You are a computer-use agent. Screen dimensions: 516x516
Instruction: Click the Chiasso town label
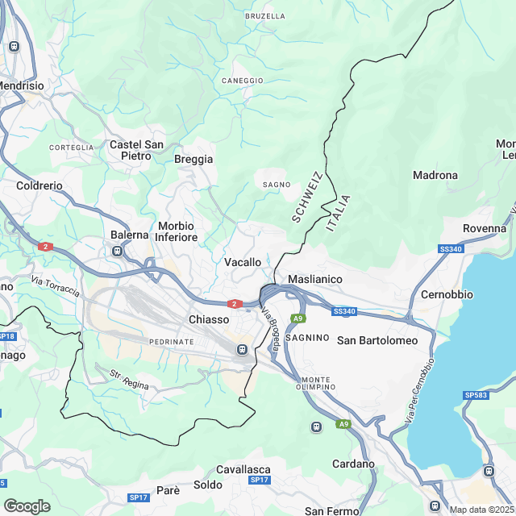[209, 319]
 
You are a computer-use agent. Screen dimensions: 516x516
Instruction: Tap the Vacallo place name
[243, 263]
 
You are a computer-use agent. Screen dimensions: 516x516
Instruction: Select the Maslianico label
[315, 279]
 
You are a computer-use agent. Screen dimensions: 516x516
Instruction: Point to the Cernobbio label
[447, 294]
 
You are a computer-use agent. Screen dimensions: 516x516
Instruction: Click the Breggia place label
[193, 160]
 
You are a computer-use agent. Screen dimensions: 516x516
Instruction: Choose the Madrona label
[435, 175]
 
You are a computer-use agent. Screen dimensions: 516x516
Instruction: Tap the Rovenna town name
[485, 229]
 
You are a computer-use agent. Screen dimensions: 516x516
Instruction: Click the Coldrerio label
[40, 185]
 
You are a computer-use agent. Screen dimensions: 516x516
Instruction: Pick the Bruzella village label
[265, 16]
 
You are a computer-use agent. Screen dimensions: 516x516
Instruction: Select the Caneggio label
[243, 81]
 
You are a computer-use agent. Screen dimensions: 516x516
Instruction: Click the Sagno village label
[277, 185]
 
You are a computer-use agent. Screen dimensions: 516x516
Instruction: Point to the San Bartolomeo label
[377, 340]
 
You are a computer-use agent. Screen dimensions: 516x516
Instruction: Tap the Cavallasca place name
[243, 469]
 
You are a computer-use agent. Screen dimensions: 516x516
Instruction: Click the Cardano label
[354, 464]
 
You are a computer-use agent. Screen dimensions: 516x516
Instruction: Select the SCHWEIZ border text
[307, 197]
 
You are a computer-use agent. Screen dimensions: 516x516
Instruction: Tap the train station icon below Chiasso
[241, 349]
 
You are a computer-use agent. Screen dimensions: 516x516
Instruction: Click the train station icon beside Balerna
[118, 251]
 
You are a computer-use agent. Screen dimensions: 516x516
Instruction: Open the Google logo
[27, 506]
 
